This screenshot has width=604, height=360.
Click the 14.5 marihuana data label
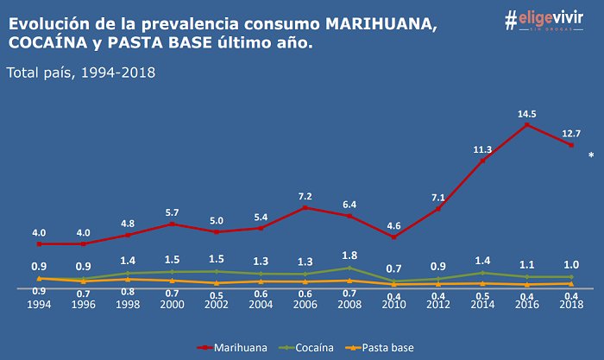tap(526, 113)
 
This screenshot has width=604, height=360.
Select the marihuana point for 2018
tap(571, 145)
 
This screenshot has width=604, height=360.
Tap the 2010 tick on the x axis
tap(394, 303)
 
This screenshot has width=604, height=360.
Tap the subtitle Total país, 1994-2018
tap(80, 73)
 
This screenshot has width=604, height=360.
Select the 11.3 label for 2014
tap(481, 149)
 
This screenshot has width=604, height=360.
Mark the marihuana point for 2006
tap(305, 207)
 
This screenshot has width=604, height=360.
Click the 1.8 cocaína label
tap(349, 255)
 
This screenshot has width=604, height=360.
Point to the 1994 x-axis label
tap(39, 303)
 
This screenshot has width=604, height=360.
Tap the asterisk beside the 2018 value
tap(591, 156)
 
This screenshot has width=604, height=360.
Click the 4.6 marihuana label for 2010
tap(394, 226)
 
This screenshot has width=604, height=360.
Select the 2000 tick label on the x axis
tap(172, 303)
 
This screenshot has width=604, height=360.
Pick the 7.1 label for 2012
tap(437, 198)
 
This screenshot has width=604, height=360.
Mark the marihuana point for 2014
tap(482, 161)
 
